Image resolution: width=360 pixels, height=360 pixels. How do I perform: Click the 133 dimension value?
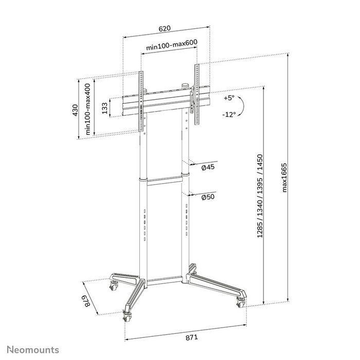point(105,108)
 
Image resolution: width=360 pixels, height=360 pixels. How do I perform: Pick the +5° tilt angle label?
point(229,98)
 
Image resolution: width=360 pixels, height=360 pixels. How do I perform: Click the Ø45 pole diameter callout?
point(208,167)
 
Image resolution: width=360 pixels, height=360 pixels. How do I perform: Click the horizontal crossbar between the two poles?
point(165,180)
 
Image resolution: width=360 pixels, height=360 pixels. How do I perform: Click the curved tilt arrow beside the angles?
point(244,106)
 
